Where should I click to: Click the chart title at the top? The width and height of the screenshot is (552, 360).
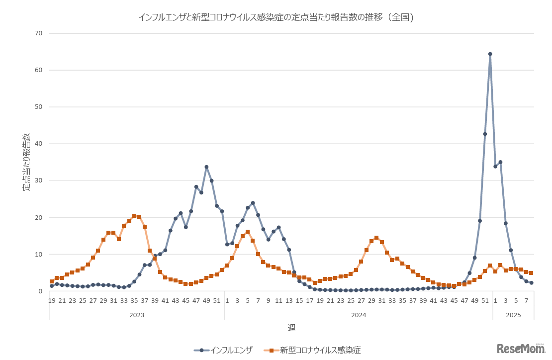(x=276, y=17)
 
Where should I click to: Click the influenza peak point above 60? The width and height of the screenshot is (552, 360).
(x=490, y=54)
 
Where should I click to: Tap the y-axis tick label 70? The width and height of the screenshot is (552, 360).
(x=39, y=33)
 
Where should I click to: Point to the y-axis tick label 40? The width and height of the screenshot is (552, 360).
(x=39, y=144)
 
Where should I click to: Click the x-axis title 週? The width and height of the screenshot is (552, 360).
(x=291, y=328)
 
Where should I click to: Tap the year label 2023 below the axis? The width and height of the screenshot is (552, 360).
(x=137, y=315)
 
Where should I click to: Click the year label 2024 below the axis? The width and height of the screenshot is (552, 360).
(x=359, y=315)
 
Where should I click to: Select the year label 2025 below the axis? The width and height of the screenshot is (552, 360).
(x=513, y=315)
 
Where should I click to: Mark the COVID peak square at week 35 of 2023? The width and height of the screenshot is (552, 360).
(x=134, y=216)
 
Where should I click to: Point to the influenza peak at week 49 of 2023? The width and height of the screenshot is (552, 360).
(x=206, y=167)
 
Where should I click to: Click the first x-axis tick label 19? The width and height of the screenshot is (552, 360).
(x=52, y=301)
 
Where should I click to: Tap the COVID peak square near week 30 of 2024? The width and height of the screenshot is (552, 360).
(x=376, y=238)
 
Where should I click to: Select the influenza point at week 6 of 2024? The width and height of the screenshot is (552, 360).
(x=253, y=203)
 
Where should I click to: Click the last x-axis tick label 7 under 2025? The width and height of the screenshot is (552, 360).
(x=526, y=301)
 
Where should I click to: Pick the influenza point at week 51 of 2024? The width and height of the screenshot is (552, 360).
(x=485, y=134)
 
